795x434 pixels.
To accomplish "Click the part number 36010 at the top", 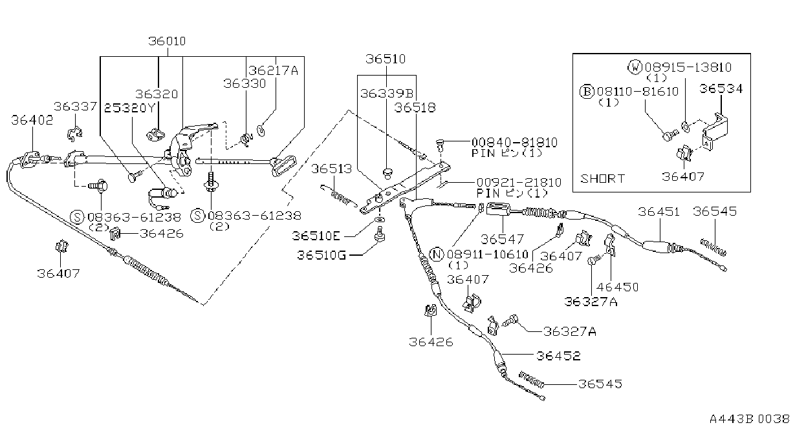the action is [x=167, y=41].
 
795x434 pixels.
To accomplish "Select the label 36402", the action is [x=32, y=120].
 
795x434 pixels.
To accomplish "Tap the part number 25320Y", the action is [x=129, y=108].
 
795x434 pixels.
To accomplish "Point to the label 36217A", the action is [x=273, y=71].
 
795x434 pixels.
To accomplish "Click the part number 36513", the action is [x=331, y=169].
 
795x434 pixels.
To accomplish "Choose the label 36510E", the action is [x=316, y=236].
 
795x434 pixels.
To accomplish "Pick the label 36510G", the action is [x=321, y=255].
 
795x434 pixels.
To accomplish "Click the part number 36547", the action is [x=502, y=240].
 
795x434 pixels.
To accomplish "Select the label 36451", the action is [x=659, y=212].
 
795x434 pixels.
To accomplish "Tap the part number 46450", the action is [x=618, y=287].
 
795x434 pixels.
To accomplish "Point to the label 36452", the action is [x=558, y=356].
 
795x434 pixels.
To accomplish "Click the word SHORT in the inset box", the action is [x=602, y=178].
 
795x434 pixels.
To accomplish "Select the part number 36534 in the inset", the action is [x=721, y=88].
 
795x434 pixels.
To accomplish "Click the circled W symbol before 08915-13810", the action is [x=635, y=67].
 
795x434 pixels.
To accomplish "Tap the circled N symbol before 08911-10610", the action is [x=437, y=254].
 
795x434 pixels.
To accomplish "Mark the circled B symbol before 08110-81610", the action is [x=587, y=92].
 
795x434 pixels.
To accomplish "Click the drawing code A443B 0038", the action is [x=750, y=419].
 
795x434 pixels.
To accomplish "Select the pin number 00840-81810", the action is [x=514, y=143].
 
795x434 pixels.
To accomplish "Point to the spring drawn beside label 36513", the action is [x=339, y=196].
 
